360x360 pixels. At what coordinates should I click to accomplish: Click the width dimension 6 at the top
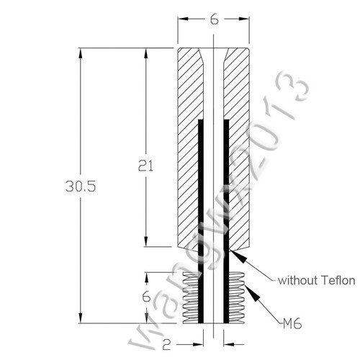214,20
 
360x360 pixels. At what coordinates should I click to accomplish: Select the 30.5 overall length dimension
81,186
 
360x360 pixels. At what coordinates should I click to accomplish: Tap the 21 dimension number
146,165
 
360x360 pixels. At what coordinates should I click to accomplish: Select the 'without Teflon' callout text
316,279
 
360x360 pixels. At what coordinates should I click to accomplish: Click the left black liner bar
201,216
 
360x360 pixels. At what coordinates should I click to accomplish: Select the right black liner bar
227,216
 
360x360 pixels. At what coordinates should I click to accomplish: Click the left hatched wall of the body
188,144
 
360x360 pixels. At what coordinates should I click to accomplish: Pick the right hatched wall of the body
240,144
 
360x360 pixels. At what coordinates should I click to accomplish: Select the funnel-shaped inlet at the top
214,55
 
